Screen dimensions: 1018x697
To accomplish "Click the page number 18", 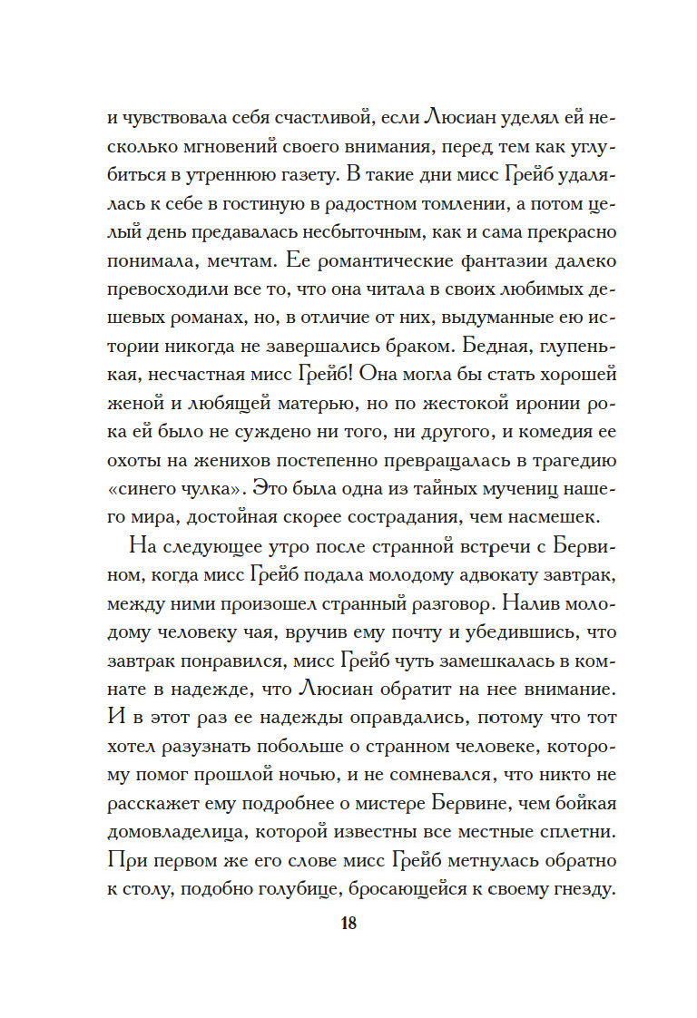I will pyautogui.click(x=348, y=925).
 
